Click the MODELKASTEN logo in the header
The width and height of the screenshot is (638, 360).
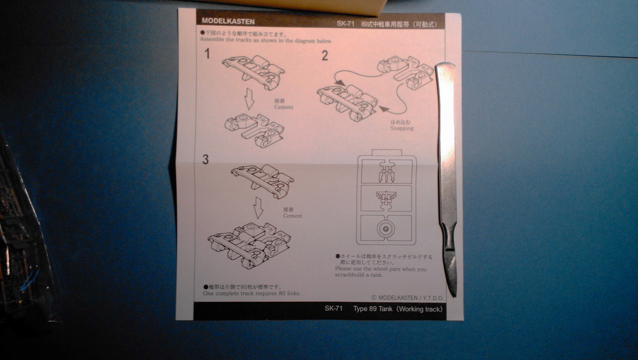tap(228, 21)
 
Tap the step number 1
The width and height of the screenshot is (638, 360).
tap(207, 53)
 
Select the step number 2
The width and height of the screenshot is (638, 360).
tap(325, 56)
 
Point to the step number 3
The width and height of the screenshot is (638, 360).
tap(205, 160)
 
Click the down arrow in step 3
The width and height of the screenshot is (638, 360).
tap(258, 207)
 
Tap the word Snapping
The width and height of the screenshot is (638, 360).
tap(402, 128)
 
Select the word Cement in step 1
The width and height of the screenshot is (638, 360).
tap(284, 107)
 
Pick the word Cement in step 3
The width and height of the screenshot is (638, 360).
tap(293, 216)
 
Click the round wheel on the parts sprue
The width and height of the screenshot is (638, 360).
tap(385, 229)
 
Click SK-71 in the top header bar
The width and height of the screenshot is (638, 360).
tap(345, 23)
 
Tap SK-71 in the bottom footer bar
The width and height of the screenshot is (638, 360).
tap(333, 309)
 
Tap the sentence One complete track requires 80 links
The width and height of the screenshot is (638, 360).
tap(252, 293)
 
